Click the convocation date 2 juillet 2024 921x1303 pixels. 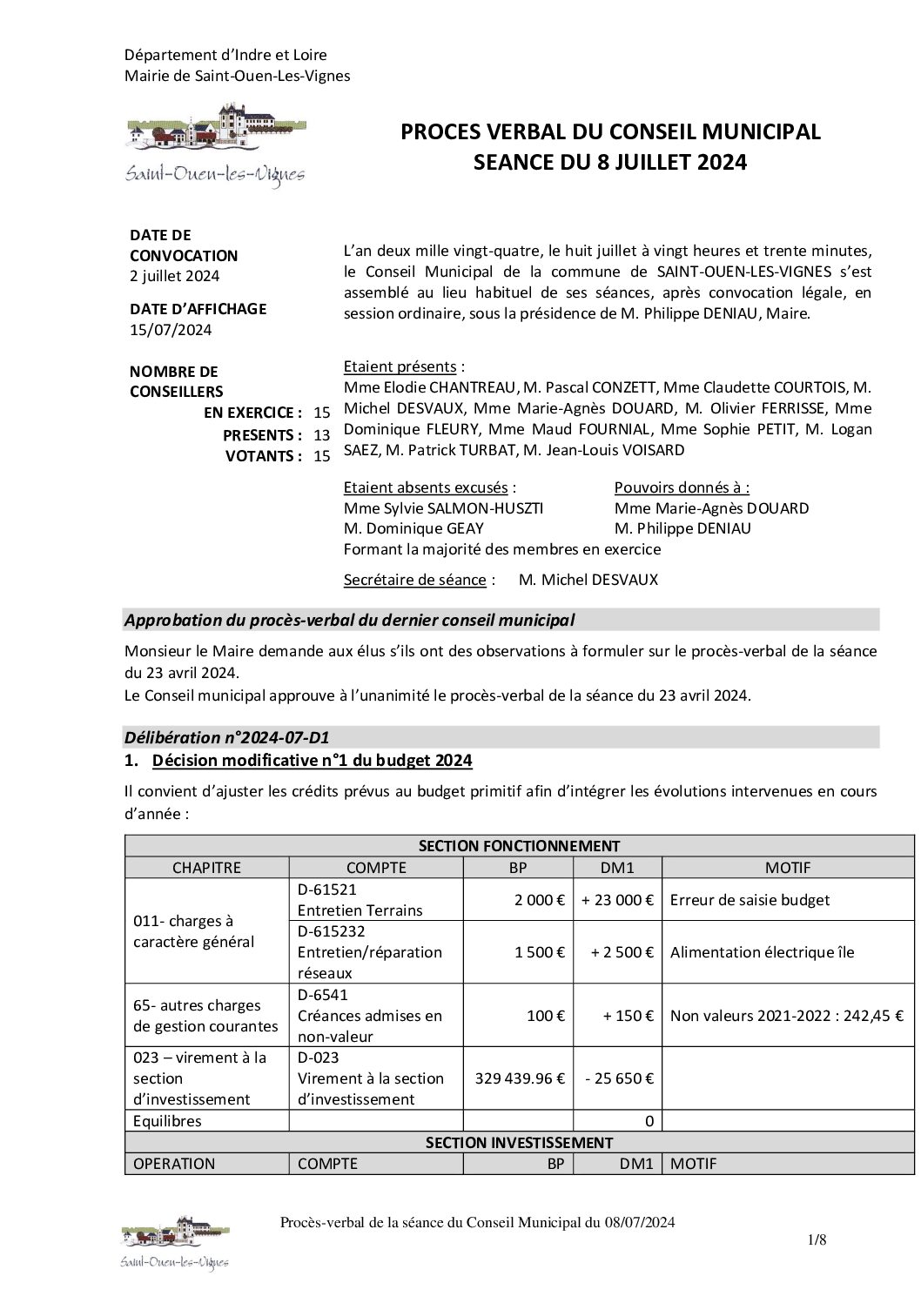coord(174,277)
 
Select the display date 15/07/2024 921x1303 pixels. coord(171,330)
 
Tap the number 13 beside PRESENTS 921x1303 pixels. coord(322,434)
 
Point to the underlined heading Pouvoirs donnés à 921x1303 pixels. coord(682,487)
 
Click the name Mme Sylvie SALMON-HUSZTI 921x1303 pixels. coord(443,508)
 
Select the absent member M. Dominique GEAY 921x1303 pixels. coord(413,528)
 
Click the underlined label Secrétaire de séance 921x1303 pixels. coord(414,580)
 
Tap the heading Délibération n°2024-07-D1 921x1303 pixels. coord(227,738)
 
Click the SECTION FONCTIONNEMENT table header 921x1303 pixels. coord(519,845)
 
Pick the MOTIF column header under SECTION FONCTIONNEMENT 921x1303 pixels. coord(787,867)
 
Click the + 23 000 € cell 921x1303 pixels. coord(618,900)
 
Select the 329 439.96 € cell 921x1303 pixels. coord(520,1078)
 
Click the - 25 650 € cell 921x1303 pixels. coord(619,1078)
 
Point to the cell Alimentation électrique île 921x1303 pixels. coord(762,952)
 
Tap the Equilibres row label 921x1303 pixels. coord(167,1121)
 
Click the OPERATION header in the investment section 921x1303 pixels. coord(174,1163)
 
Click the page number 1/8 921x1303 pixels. coord(816,1241)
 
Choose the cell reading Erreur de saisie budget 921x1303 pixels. coord(750,900)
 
